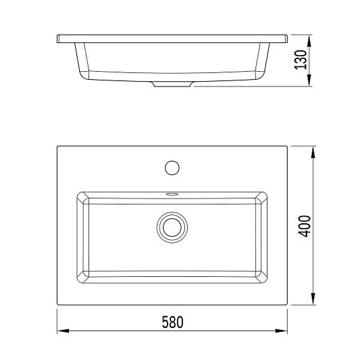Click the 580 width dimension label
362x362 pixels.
coord(172,322)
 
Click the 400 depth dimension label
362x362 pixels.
coord(304,227)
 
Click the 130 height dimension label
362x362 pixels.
coord(300,60)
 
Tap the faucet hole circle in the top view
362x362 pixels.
coord(172,168)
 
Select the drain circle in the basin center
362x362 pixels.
coord(172,227)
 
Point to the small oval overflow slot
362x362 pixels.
coord(172,194)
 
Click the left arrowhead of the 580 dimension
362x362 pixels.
coord(63,331)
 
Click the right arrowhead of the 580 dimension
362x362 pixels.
coord(281,331)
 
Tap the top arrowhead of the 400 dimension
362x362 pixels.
coord(313,152)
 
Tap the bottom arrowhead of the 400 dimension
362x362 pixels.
coord(313,299)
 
